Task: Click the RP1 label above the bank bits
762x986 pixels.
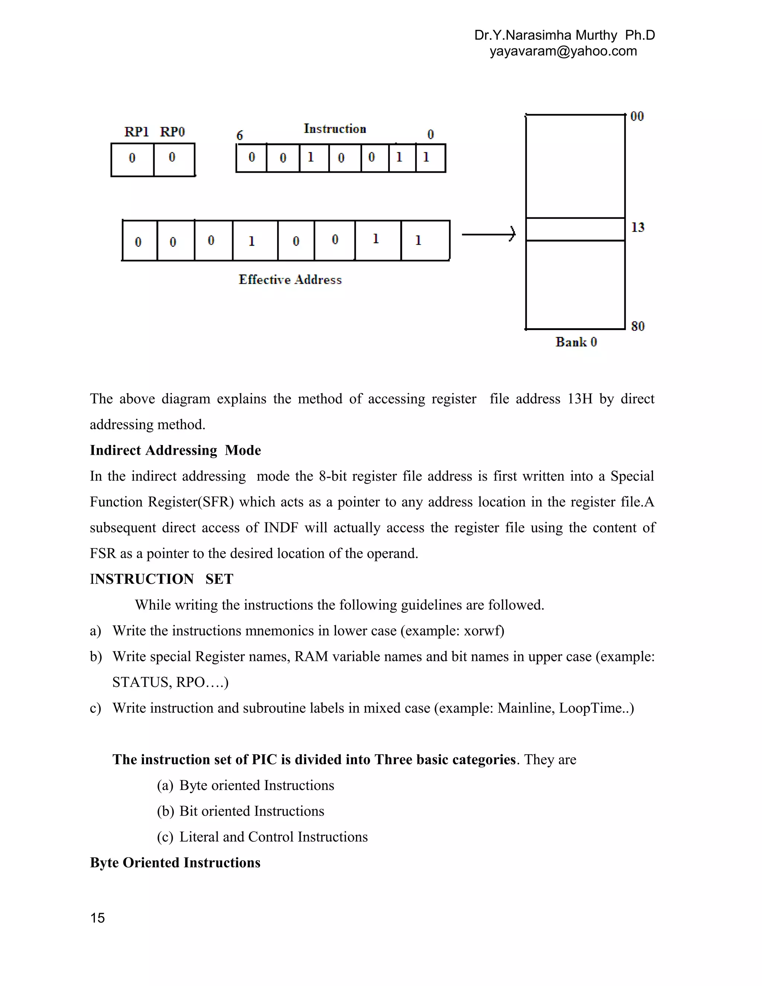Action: tap(136, 132)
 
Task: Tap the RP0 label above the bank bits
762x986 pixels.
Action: tap(172, 132)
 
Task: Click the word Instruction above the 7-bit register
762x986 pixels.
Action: tap(334, 129)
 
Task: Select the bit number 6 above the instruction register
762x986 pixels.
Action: tap(240, 135)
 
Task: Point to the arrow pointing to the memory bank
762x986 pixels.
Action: tap(489, 234)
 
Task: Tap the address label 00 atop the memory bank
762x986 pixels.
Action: tap(637, 116)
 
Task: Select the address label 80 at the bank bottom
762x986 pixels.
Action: tap(637, 326)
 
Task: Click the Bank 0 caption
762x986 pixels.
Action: tap(576, 342)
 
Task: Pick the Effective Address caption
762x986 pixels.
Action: tap(290, 280)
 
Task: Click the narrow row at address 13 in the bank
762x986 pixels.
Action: tap(575, 229)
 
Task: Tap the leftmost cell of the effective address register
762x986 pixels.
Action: tap(140, 241)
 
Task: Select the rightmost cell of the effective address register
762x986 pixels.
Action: tap(425, 241)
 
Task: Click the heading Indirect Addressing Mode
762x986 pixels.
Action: tap(175, 451)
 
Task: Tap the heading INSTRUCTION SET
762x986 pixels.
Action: tap(161, 579)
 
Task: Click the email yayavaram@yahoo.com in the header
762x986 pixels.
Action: tap(563, 51)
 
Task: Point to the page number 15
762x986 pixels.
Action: tap(97, 918)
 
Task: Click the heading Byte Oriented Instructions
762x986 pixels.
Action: tap(175, 863)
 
